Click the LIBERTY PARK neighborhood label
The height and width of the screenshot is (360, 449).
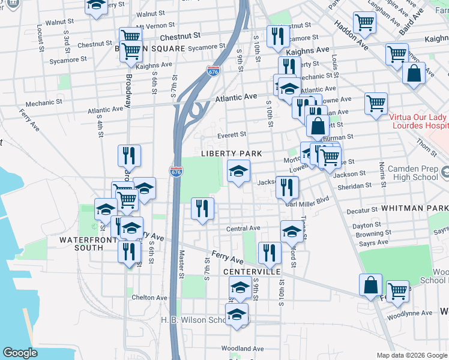[231, 154]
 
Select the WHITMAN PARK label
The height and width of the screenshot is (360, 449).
[414, 207]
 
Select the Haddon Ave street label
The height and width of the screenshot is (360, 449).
[354, 34]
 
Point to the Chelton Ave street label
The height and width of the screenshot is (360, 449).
[149, 298]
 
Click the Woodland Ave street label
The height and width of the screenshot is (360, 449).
[243, 349]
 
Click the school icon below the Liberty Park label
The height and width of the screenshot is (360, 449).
[238, 172]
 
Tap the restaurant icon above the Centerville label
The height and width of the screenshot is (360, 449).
[270, 253]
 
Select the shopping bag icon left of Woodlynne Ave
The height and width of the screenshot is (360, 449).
[371, 284]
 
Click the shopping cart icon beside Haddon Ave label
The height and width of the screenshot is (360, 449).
[365, 23]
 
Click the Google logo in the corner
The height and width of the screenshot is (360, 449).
[20, 353]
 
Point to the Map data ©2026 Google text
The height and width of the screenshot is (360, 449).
[412, 355]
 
